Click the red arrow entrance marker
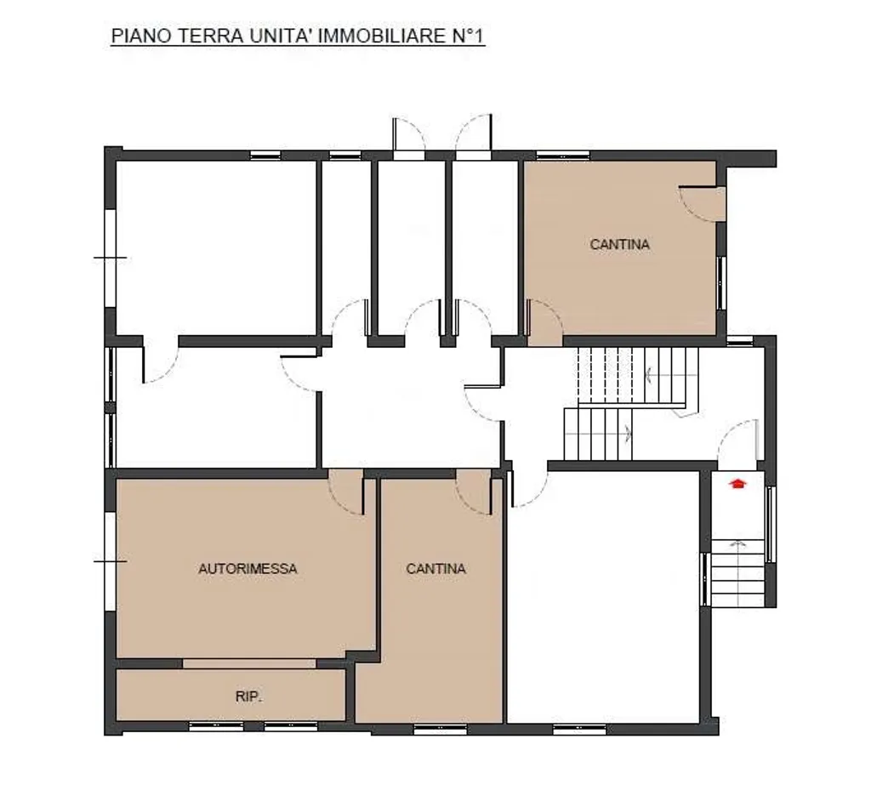point(737,483)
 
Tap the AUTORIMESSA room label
point(248,569)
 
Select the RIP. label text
point(248,696)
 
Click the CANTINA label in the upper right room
point(620,244)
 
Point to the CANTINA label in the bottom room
point(435,569)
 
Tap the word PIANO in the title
point(142,36)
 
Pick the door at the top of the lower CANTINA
point(474,492)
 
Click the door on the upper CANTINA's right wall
point(702,203)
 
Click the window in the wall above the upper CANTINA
point(562,156)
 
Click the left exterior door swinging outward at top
point(409,138)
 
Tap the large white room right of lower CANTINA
point(603,598)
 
